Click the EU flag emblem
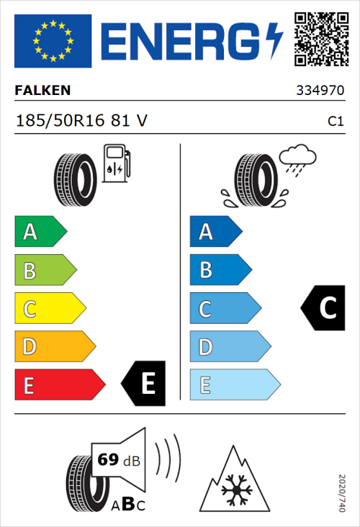point(53,41)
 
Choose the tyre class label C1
point(335,122)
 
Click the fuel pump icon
point(116,163)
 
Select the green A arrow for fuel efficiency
point(40,232)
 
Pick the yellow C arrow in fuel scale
point(49,309)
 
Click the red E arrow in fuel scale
point(59,385)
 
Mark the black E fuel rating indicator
point(144,383)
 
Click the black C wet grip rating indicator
point(323,308)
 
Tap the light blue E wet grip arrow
point(234,385)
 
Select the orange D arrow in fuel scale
point(54,347)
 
